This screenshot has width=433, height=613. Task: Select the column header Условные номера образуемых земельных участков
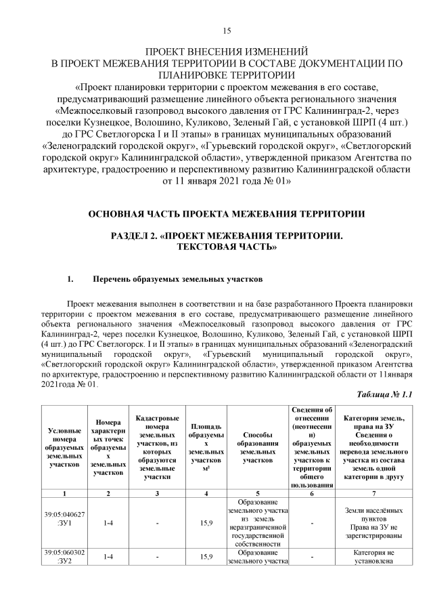tap(65, 447)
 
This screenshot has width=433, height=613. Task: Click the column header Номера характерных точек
tap(108, 447)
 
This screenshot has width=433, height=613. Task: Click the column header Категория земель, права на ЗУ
tap(369, 447)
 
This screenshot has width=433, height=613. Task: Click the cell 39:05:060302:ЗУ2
tap(65, 557)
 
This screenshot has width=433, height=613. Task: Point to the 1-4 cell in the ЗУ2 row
tap(108, 557)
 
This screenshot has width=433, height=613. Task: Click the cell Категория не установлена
tap(369, 557)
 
